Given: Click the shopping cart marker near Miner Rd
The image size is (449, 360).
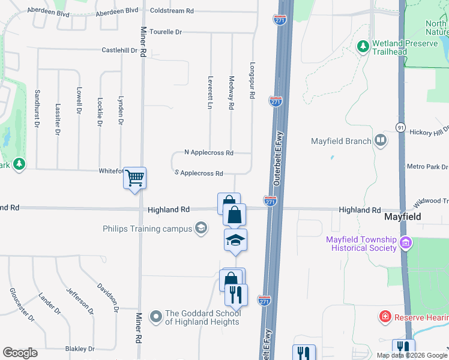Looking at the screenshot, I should coord(134,178).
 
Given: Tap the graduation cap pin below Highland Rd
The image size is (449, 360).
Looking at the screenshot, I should coord(235,240).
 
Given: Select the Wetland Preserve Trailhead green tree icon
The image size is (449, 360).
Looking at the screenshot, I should coord(363,46).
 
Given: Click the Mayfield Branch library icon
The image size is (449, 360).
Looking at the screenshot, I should coord(380,141).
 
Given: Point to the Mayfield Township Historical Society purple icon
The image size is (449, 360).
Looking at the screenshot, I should coord(406,243).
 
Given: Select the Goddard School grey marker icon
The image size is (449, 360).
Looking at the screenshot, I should coord(156,316).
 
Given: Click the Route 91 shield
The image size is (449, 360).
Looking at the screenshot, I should coord(400,127).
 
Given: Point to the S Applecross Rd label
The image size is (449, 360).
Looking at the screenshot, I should coord(199,173).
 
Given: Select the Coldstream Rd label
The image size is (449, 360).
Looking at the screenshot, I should coord(172,11).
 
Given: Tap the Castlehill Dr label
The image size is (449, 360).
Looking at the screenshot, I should coord(119,50).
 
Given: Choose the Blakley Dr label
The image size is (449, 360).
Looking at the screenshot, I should coord(80,349).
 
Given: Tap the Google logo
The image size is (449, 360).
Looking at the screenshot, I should coord(20,353).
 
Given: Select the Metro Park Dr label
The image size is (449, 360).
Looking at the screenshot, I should coord(427,167).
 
